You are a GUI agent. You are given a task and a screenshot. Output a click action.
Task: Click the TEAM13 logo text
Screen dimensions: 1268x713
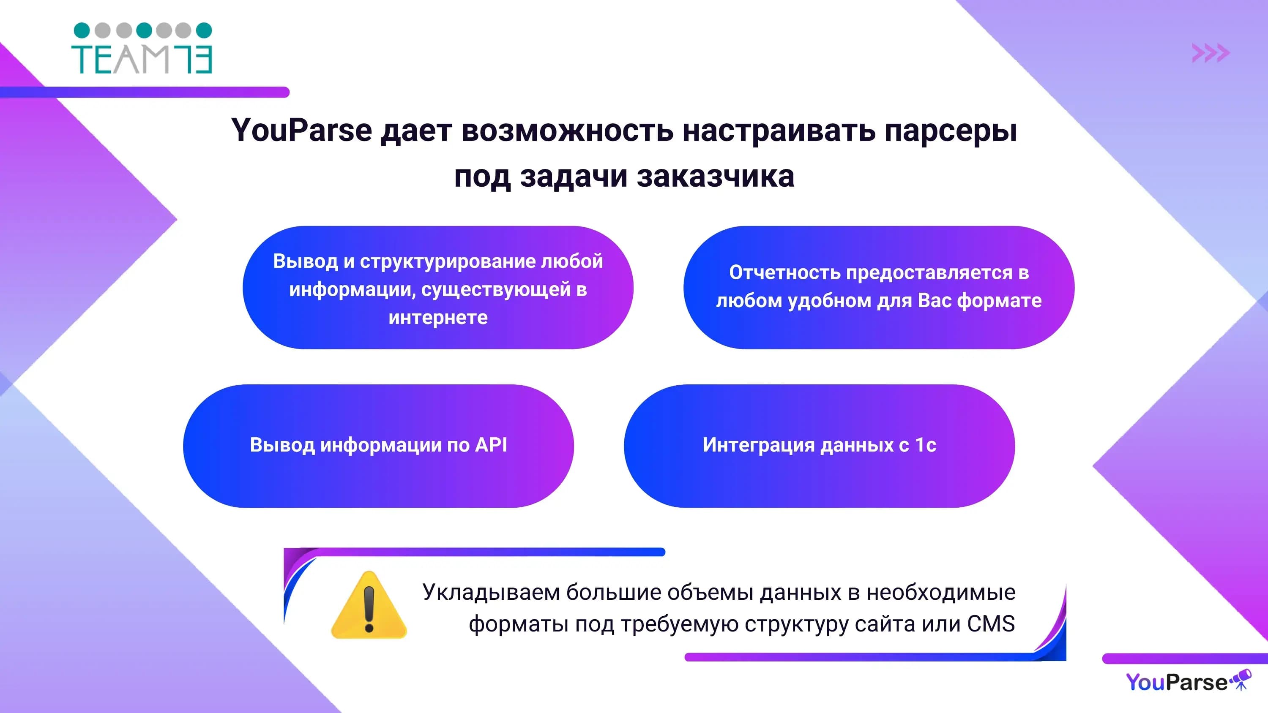[142, 60]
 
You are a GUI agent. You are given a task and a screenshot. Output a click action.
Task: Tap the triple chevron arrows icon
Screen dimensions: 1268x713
[1211, 53]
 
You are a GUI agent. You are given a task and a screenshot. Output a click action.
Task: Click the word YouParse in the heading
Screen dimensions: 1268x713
[302, 131]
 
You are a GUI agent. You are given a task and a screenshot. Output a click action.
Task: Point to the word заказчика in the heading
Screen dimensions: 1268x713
[716, 177]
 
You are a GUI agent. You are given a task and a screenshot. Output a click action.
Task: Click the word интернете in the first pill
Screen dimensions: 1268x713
[438, 318]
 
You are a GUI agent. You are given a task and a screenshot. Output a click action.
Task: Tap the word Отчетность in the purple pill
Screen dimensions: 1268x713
[784, 272]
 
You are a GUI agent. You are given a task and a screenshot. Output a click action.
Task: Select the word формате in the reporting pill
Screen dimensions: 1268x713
[999, 301]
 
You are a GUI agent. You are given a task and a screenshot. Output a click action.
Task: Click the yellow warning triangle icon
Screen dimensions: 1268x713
[369, 605]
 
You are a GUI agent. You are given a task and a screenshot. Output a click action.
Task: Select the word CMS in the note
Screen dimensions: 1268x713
[991, 624]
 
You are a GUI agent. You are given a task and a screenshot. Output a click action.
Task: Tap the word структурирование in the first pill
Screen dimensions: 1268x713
[448, 262]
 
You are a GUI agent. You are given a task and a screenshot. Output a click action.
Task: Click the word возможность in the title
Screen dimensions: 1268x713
[567, 131]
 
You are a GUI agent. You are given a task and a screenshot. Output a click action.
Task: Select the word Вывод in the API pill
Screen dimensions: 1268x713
[282, 445]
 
